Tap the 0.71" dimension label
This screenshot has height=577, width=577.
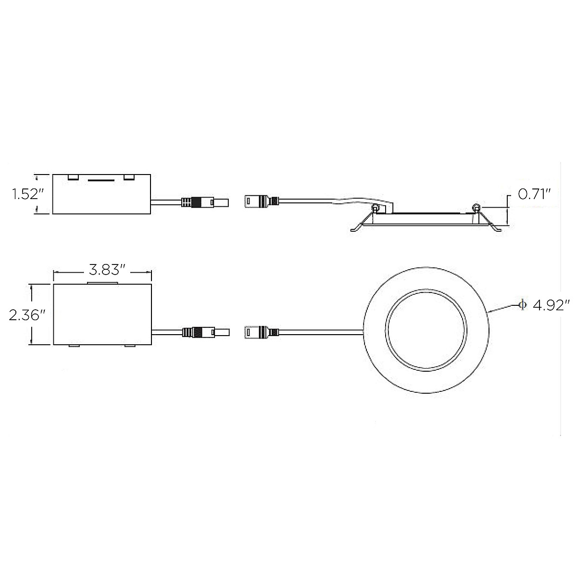coord(534,194)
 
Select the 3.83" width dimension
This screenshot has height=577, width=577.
coord(107,270)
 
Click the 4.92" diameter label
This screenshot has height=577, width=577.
coord(551,306)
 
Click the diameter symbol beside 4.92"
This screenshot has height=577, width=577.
coord(523,304)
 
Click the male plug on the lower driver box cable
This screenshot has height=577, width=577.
coord(206,332)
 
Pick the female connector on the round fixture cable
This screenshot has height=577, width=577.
coord(262,332)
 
